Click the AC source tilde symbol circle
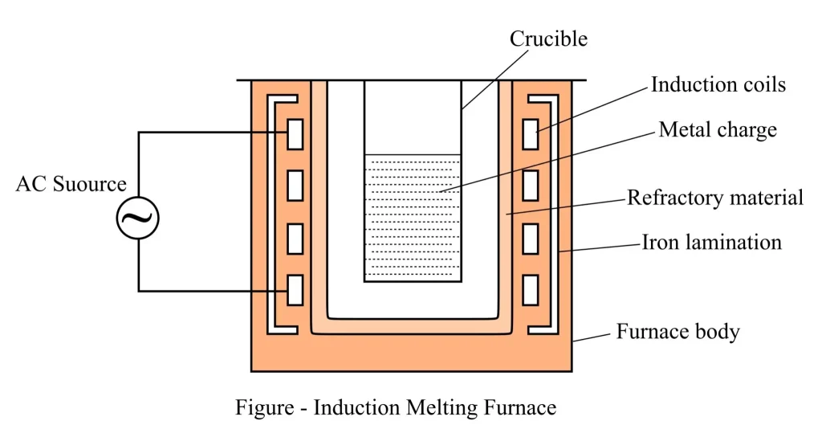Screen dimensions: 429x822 pos(138,217)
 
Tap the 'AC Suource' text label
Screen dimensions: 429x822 pos(71,184)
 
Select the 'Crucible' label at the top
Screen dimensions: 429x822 pos(548,38)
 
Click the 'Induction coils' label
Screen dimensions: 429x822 pos(718,84)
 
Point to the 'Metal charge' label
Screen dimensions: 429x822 pos(718,129)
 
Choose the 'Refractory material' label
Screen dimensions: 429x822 pos(714,197)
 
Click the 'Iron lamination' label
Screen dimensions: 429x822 pos(711,241)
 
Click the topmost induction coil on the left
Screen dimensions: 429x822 pos(295,133)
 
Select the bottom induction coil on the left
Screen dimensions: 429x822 pos(295,289)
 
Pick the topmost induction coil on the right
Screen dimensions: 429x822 pos(530,133)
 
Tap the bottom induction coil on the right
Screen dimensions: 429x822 pos(530,289)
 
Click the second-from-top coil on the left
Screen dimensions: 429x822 pos(295,185)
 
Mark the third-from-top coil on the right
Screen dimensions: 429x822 pos(530,238)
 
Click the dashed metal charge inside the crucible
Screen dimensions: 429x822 pos(413,217)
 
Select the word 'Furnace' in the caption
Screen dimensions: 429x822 pos(519,407)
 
